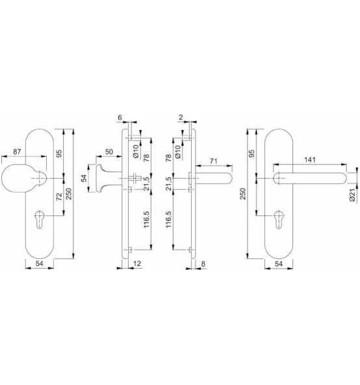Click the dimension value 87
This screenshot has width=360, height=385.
click(x=17, y=152)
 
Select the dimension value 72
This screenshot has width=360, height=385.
click(x=59, y=196)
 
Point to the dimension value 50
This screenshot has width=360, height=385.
click(x=109, y=152)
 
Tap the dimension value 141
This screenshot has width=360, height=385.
click(x=310, y=159)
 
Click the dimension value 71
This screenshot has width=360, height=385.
click(x=214, y=161)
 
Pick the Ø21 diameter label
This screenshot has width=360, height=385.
click(x=352, y=195)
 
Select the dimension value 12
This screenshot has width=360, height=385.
click(x=137, y=263)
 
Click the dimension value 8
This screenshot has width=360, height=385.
click(x=203, y=264)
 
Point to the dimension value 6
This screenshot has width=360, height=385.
click(x=120, y=118)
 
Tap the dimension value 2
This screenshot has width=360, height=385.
click(x=181, y=117)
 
